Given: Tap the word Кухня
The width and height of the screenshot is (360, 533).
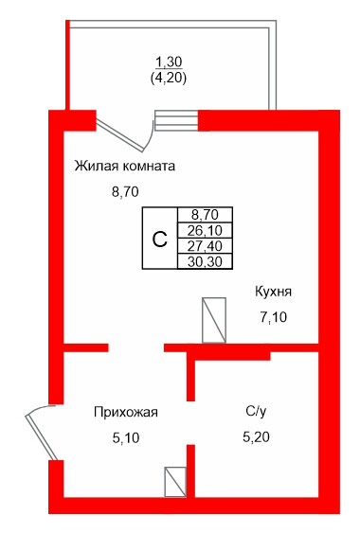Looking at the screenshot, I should (272, 291).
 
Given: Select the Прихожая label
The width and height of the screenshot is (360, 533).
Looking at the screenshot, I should (125, 412).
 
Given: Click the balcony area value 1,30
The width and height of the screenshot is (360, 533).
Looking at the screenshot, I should (170, 62).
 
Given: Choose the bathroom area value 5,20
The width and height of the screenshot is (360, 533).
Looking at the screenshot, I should (257, 438).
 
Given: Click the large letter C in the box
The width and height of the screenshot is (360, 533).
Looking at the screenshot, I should (159, 238).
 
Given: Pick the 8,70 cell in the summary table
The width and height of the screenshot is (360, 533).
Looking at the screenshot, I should (205, 215).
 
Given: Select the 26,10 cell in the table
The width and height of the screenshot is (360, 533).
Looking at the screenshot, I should (205, 230).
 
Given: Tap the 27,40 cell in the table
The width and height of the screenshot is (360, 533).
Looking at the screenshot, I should (205, 245).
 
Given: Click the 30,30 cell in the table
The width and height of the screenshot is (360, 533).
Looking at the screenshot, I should (205, 260).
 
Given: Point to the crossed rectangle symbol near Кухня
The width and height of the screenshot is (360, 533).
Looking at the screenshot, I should (214, 320).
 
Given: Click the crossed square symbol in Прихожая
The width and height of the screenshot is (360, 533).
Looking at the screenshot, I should (176, 483).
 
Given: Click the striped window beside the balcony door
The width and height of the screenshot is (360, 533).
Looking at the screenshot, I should (176, 120).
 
